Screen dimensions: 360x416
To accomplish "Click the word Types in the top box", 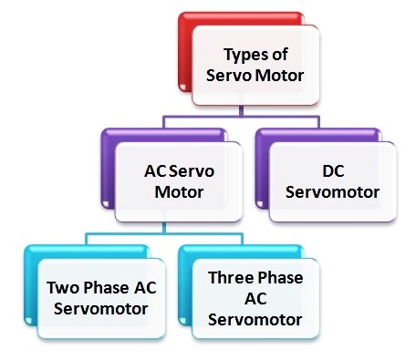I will pyautogui.click(x=243, y=54).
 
